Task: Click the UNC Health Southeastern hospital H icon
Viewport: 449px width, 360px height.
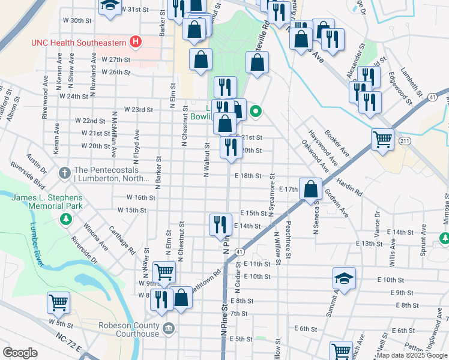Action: click(136, 42)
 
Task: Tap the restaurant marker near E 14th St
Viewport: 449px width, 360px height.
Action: click(220, 224)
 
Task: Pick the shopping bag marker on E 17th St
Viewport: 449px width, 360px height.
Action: click(310, 188)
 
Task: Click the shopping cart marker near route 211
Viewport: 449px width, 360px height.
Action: click(382, 139)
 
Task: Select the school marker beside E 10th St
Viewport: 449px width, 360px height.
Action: click(345, 279)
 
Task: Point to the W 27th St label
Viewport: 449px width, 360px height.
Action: click(116, 59)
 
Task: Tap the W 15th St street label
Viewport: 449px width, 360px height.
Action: click(132, 210)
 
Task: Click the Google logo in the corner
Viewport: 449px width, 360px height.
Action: click(20, 353)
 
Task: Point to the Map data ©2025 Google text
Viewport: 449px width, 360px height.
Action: click(411, 355)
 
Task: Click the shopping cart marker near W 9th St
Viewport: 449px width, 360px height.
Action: click(164, 271)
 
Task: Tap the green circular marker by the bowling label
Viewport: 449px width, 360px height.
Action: click(255, 111)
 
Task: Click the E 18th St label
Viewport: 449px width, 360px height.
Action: click(251, 176)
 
